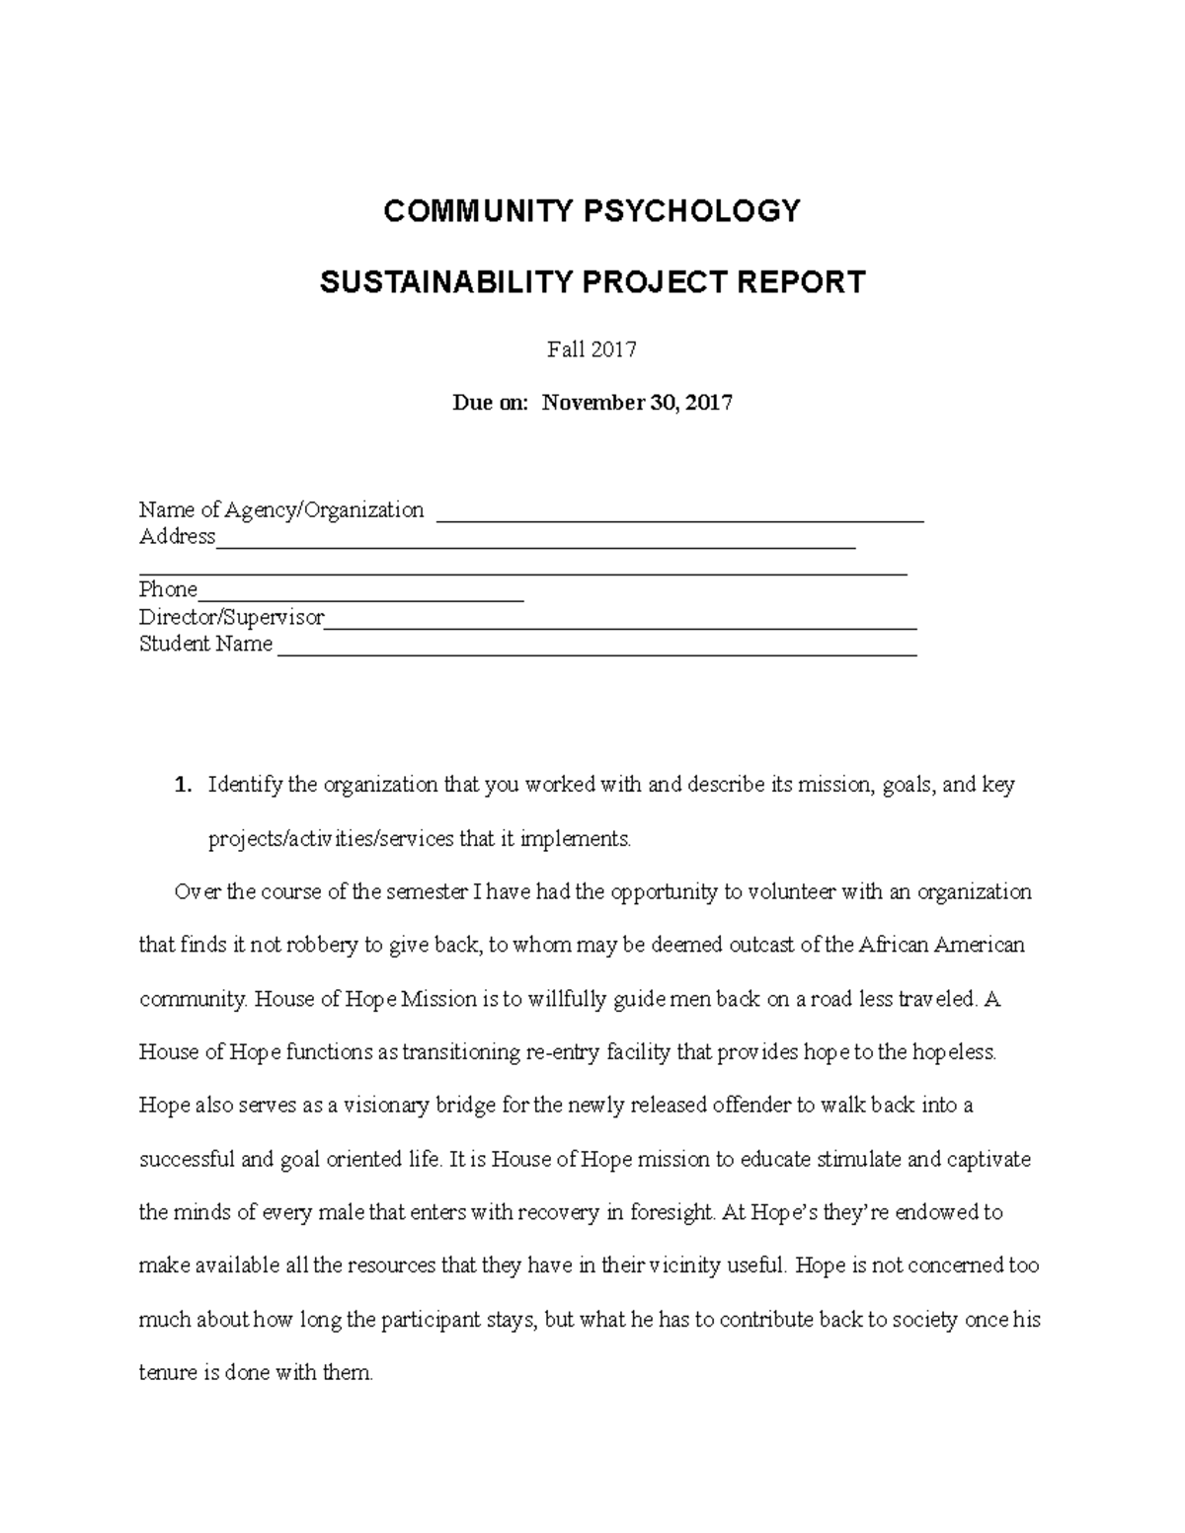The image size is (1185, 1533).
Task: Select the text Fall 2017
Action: point(592,349)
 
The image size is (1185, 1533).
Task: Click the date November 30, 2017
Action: point(637,403)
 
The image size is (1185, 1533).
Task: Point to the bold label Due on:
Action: point(491,403)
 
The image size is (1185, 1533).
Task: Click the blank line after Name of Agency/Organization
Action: point(679,513)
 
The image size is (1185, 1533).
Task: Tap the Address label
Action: point(177,536)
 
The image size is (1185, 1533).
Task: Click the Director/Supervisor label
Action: point(231,617)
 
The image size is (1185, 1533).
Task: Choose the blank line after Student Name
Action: point(597,648)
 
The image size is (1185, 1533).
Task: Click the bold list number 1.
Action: point(181,786)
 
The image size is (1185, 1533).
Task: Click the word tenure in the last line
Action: point(168,1372)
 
